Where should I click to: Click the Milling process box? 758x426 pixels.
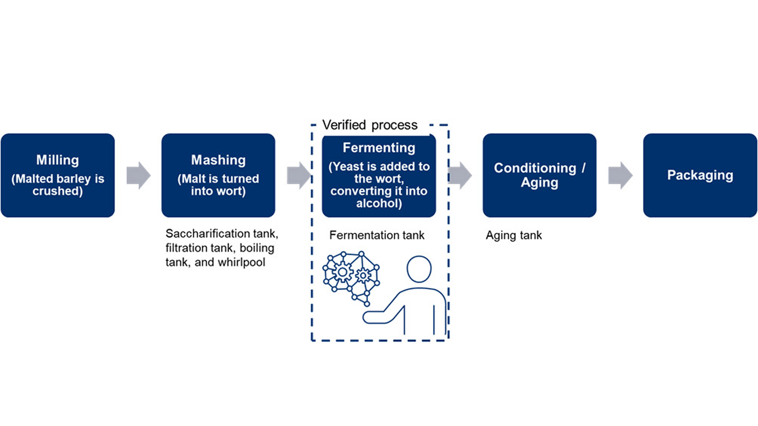coord(57,175)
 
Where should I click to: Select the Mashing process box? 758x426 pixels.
coord(218,175)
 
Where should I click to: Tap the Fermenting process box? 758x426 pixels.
coord(379,175)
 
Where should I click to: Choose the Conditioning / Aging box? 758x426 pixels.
coord(539,175)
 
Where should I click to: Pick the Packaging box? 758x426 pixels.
coord(700,175)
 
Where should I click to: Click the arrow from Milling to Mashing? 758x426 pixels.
coord(138,175)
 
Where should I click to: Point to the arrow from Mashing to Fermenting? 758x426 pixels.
coord(299,175)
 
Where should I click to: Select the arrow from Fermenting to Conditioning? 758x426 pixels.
coord(460,175)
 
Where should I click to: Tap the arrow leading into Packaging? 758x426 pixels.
coord(620,175)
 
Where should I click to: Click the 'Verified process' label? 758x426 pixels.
coord(370,125)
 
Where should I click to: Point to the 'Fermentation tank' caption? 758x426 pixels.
coord(377,235)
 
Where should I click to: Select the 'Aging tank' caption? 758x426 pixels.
coord(514,235)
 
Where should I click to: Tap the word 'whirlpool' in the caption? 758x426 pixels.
coord(241,262)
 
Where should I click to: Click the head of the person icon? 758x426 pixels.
coord(419,269)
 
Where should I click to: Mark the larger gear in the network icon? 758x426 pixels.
coord(342,272)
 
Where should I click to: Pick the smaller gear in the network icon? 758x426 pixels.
coord(363,275)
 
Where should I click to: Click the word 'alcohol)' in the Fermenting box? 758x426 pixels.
coord(379,204)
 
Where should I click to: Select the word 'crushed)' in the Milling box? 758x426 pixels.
coord(57,191)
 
